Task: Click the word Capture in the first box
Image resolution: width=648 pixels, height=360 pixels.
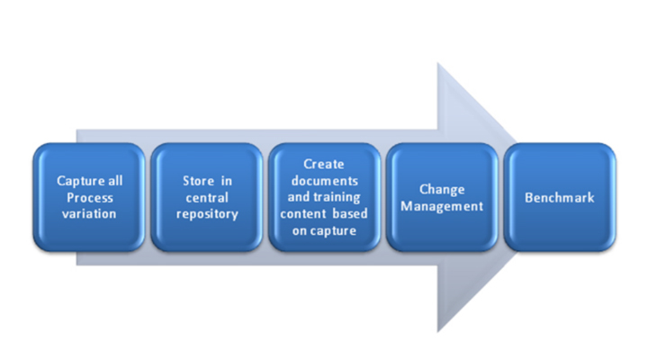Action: (80, 181)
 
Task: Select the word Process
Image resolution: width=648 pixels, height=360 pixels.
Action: (90, 198)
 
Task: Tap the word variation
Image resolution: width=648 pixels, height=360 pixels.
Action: (89, 213)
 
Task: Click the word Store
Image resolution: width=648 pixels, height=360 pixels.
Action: (198, 181)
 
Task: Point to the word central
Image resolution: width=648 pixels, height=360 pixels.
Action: (207, 198)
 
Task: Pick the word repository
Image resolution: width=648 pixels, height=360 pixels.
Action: (207, 214)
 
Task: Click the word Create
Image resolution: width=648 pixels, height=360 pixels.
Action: (324, 164)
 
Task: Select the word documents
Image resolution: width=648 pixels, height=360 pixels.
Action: (324, 181)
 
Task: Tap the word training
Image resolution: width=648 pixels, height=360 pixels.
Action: (335, 198)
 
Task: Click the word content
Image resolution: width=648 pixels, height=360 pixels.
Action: (300, 213)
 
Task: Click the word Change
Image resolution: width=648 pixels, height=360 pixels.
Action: (442, 189)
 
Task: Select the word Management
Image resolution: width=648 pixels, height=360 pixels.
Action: (442, 206)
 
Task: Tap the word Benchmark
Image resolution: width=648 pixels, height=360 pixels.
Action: (560, 198)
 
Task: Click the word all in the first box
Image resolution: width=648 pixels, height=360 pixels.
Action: (115, 181)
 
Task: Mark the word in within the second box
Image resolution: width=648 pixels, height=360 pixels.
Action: (227, 181)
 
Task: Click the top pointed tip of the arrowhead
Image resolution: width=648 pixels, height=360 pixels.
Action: (437, 63)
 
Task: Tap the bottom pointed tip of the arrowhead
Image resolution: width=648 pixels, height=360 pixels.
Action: (437, 331)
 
